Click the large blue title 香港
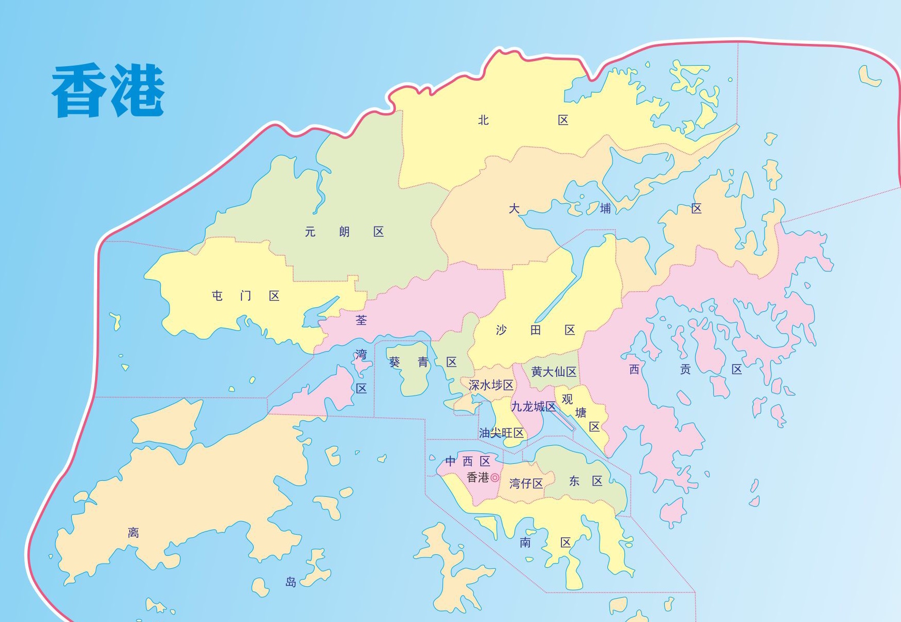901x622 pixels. point(108,91)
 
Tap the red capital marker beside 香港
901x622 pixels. point(495,478)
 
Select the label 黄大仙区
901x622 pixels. point(554,372)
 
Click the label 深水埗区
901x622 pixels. point(491,385)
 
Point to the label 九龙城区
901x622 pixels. point(533,407)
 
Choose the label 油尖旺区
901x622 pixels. point(501,433)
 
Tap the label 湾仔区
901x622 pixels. point(526,483)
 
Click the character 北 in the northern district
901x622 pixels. point(483,120)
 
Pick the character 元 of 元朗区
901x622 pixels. point(310,232)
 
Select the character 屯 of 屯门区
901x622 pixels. point(217,296)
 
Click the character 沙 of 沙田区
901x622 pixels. point(501,330)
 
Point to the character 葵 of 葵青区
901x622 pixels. point(394,362)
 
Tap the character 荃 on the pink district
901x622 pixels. point(361,321)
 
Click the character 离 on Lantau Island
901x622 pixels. point(133,533)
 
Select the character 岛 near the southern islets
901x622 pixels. point(291,582)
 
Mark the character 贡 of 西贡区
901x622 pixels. point(685,369)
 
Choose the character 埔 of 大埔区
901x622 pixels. point(605,208)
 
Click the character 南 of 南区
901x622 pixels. point(525,542)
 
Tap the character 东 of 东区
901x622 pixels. point(574,481)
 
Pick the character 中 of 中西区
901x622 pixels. point(451,461)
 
